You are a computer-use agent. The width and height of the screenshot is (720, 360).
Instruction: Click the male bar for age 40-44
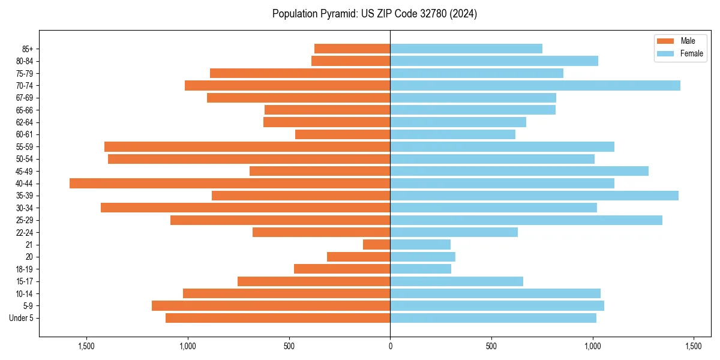230,184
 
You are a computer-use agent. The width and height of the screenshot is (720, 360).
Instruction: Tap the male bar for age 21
377,245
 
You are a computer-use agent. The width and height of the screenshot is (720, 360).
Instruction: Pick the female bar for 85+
466,49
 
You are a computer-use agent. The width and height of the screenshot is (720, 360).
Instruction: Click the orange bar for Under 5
278,318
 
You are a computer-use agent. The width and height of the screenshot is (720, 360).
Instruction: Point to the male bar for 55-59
247,147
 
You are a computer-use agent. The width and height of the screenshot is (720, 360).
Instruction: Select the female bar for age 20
423,257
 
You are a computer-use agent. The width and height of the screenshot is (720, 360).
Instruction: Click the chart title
374,14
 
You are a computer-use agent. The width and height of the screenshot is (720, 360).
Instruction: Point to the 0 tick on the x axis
390,346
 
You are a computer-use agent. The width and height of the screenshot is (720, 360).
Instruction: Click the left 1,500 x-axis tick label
87,346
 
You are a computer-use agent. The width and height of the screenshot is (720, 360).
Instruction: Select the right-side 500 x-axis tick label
491,346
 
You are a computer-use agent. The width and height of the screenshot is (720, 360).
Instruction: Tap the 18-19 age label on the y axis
25,269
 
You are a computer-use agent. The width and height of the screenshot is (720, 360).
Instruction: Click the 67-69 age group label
25,98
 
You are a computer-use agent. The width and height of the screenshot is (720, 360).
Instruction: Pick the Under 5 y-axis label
21,318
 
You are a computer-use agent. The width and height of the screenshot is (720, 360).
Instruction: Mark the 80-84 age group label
25,61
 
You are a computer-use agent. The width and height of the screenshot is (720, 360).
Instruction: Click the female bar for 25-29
526,220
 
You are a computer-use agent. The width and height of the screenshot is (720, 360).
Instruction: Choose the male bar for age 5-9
271,306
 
